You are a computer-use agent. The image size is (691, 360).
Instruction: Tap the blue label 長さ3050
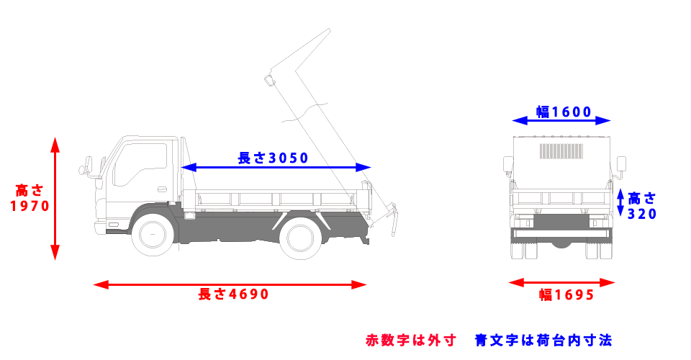[x=273, y=158]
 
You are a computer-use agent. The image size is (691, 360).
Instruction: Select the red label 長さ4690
[x=233, y=294]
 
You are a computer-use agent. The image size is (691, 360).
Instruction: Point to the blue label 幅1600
[x=564, y=112]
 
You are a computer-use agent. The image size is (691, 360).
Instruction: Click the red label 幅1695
[x=566, y=294]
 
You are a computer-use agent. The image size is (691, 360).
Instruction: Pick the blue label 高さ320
[x=642, y=205]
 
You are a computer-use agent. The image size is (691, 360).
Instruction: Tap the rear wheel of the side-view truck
[x=302, y=238]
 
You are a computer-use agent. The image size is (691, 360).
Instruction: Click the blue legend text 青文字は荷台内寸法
[x=543, y=339]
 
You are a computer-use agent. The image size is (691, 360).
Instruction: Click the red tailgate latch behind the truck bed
[x=393, y=219]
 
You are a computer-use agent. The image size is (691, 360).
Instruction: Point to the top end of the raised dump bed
[x=328, y=32]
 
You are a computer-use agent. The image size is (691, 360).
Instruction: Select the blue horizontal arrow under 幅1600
[x=561, y=121]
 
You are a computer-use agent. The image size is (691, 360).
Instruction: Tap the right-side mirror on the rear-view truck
[x=621, y=165]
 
